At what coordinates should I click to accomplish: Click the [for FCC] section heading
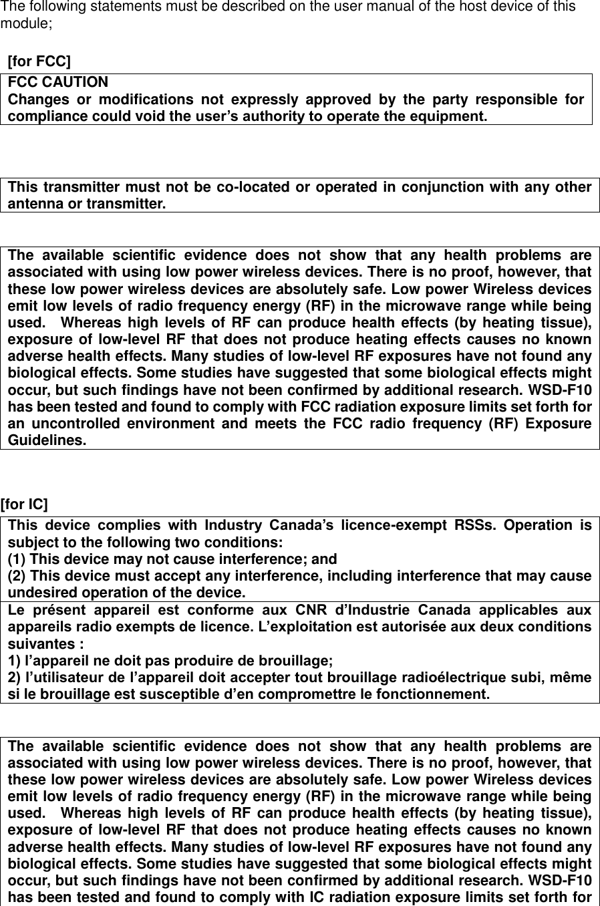pos(39,62)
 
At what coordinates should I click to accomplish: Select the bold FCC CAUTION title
pos(57,82)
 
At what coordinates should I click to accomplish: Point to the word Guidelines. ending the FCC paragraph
pos(47,441)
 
